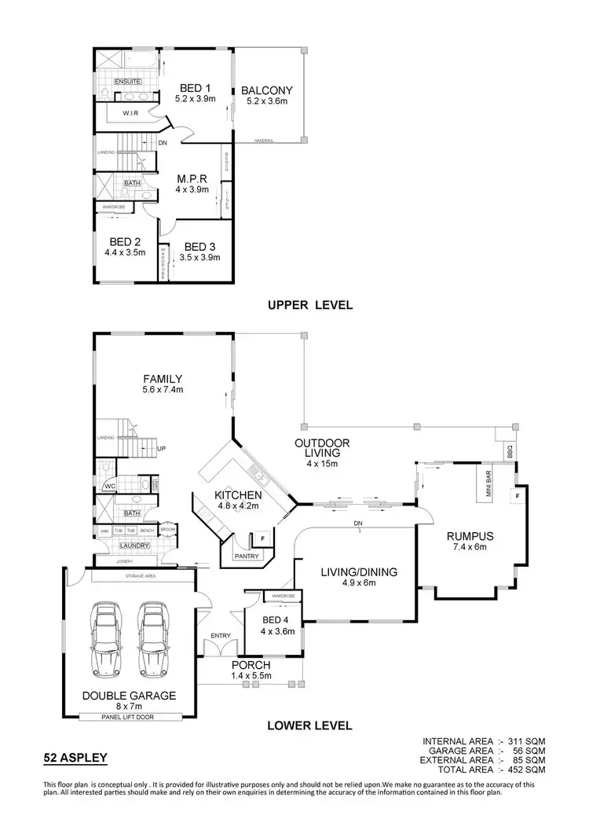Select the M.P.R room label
(x=191, y=178)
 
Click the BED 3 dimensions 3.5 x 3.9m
(x=200, y=257)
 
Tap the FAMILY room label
(x=163, y=378)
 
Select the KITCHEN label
(x=239, y=495)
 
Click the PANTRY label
(x=247, y=557)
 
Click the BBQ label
(x=510, y=454)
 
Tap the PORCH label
(x=250, y=665)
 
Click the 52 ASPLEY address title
(x=74, y=759)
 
